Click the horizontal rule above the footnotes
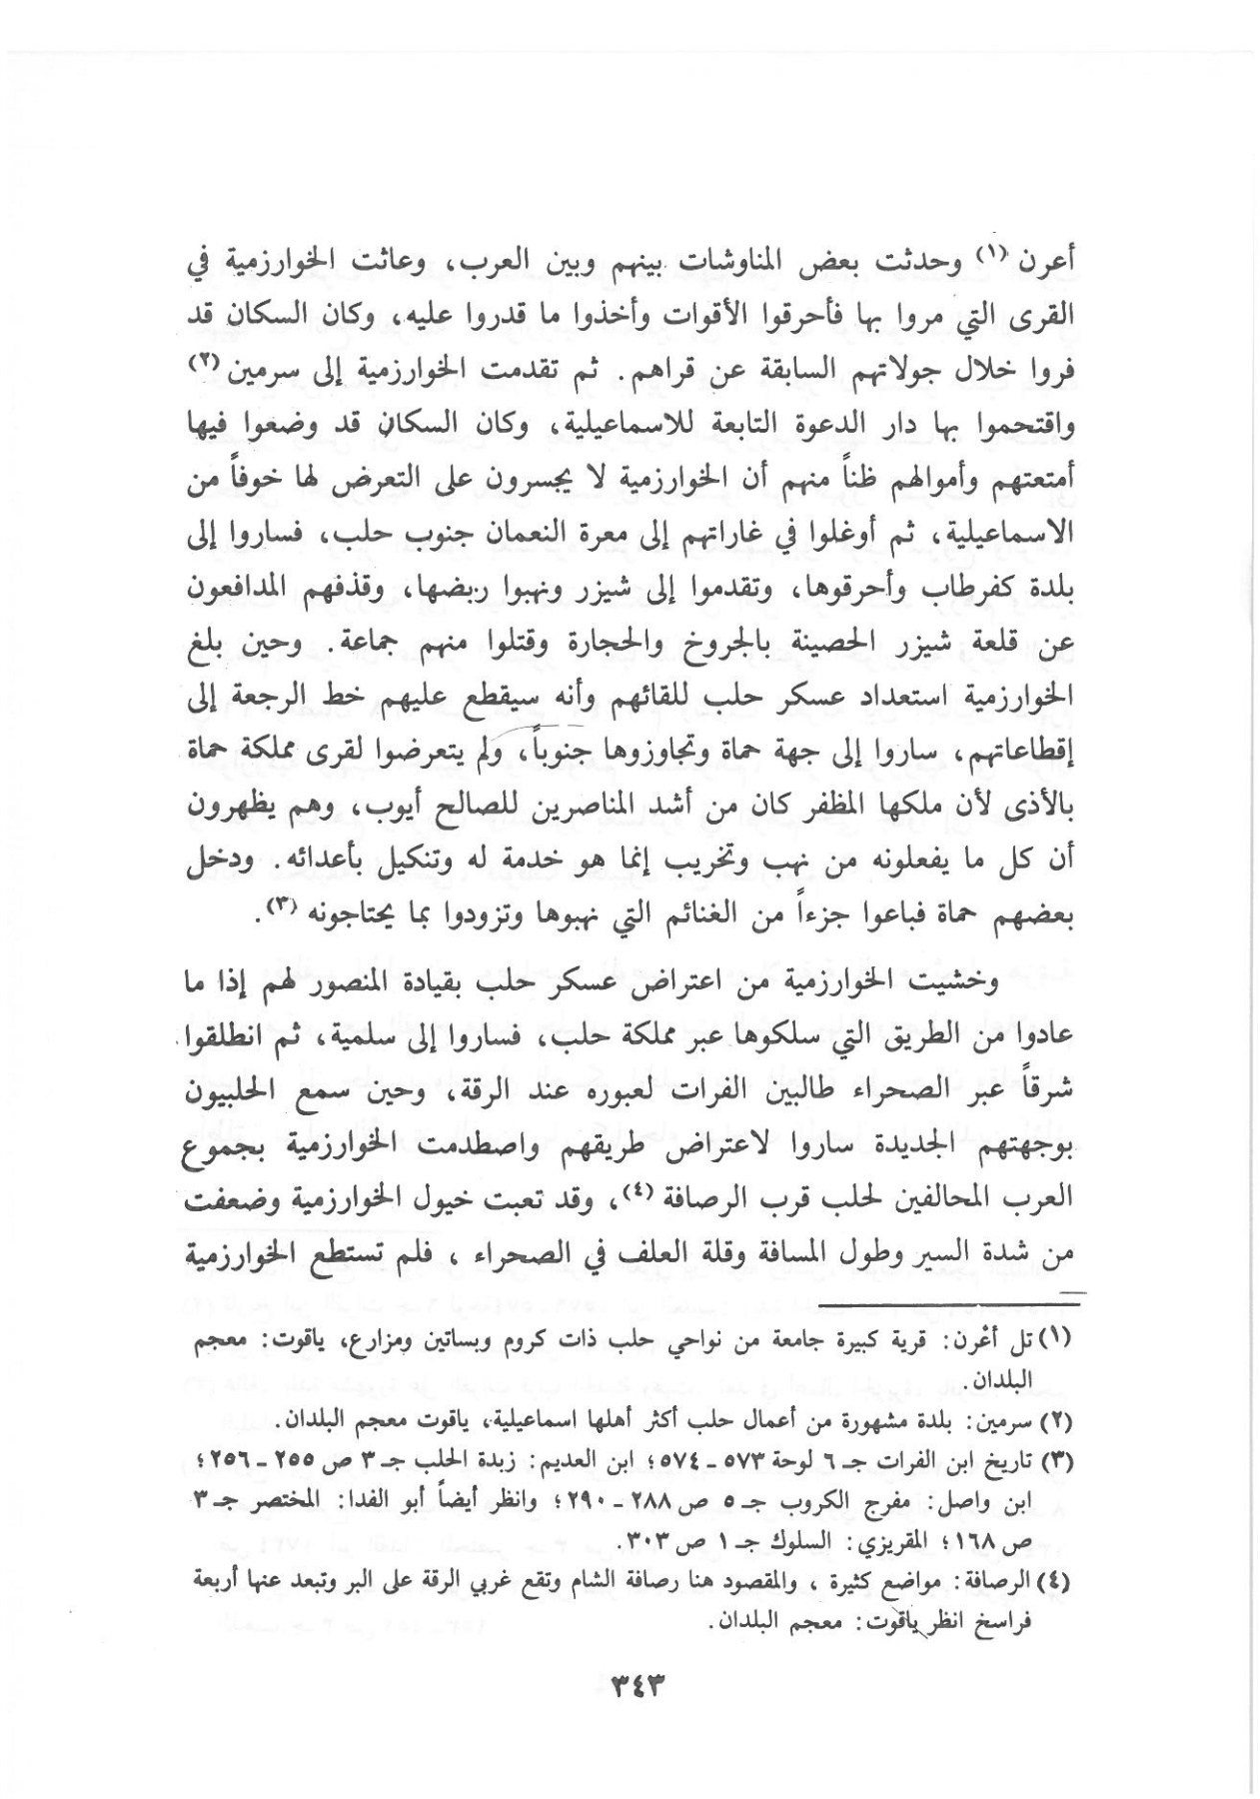(x=935, y=1297)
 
